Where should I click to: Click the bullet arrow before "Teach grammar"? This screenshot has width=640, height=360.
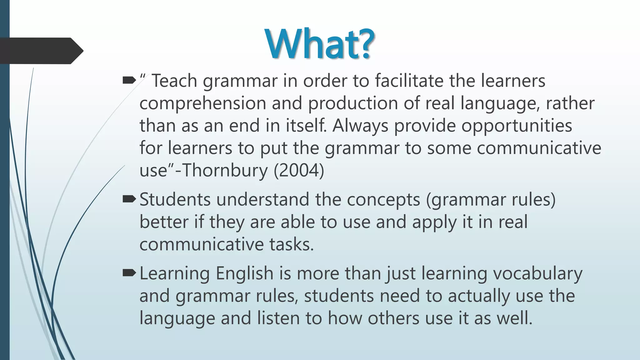click(x=129, y=81)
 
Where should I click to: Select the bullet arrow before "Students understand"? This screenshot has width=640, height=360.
click(x=129, y=199)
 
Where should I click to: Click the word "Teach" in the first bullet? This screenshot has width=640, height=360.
click(x=174, y=81)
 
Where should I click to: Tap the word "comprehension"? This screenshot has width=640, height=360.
click(x=202, y=104)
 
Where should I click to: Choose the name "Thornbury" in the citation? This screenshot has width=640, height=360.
click(x=225, y=171)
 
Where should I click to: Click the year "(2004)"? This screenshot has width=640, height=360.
click(x=299, y=171)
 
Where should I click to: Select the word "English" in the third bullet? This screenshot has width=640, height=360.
click(x=245, y=273)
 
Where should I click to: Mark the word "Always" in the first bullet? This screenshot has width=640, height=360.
click(x=360, y=126)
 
